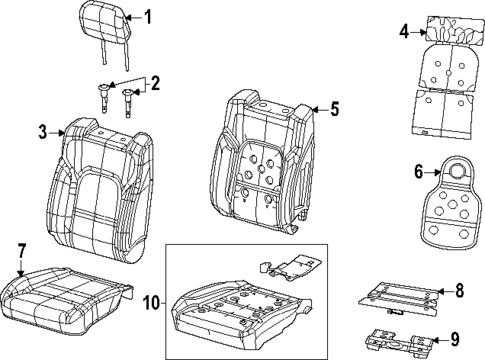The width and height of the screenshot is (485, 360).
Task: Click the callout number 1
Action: point(148,16)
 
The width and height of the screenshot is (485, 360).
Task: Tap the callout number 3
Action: point(43,130)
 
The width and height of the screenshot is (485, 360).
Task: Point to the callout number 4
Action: point(404,31)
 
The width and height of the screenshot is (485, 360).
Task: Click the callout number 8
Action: point(460,290)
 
